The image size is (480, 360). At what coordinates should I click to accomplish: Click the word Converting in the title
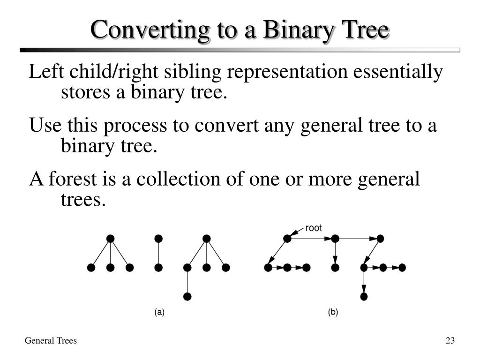pos(144,30)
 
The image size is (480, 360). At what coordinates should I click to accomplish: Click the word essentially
pos(397,72)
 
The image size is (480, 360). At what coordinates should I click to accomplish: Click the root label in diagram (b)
pos(314,228)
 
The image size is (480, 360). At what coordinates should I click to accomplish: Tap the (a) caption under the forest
pos(159,312)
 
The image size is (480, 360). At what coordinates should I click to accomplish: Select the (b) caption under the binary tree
pos(333,312)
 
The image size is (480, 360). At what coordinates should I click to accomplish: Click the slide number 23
pos(450,341)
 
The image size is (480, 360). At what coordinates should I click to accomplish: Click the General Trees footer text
pos(51,341)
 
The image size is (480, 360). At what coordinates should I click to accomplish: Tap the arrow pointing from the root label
pos(297,231)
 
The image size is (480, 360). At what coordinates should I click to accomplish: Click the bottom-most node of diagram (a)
pos(187,296)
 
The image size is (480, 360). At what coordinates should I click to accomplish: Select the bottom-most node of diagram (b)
pos(364,296)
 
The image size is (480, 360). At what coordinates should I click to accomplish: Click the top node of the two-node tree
pos(158,239)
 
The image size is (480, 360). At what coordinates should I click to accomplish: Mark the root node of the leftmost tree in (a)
pos(110,239)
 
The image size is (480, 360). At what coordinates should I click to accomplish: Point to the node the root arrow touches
pos(287,239)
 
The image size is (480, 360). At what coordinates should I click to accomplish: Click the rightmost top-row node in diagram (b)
pos(380,239)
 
